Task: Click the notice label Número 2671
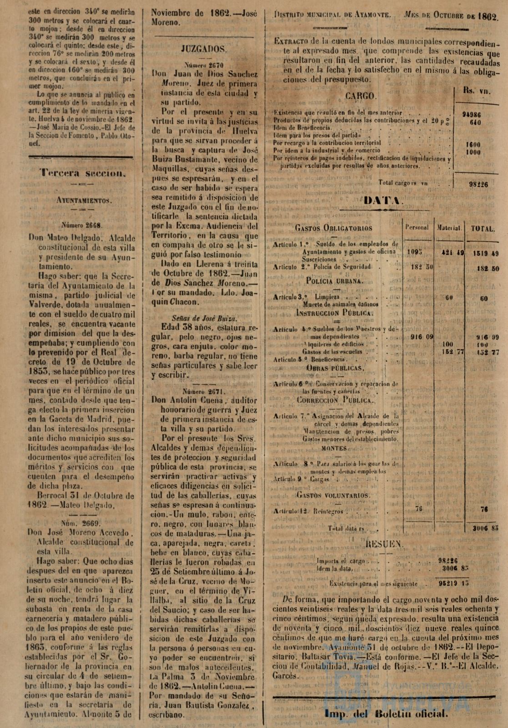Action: [x=204, y=391]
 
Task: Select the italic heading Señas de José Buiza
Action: [x=205, y=318]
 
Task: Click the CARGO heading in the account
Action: [x=361, y=96]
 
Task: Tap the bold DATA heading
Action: [x=381, y=201]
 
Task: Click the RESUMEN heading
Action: [x=384, y=544]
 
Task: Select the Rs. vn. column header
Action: [x=477, y=91]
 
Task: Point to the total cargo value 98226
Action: [x=478, y=185]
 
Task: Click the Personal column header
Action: [x=417, y=227]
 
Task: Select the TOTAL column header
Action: [x=483, y=229]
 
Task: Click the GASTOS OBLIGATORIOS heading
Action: [x=333, y=228]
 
